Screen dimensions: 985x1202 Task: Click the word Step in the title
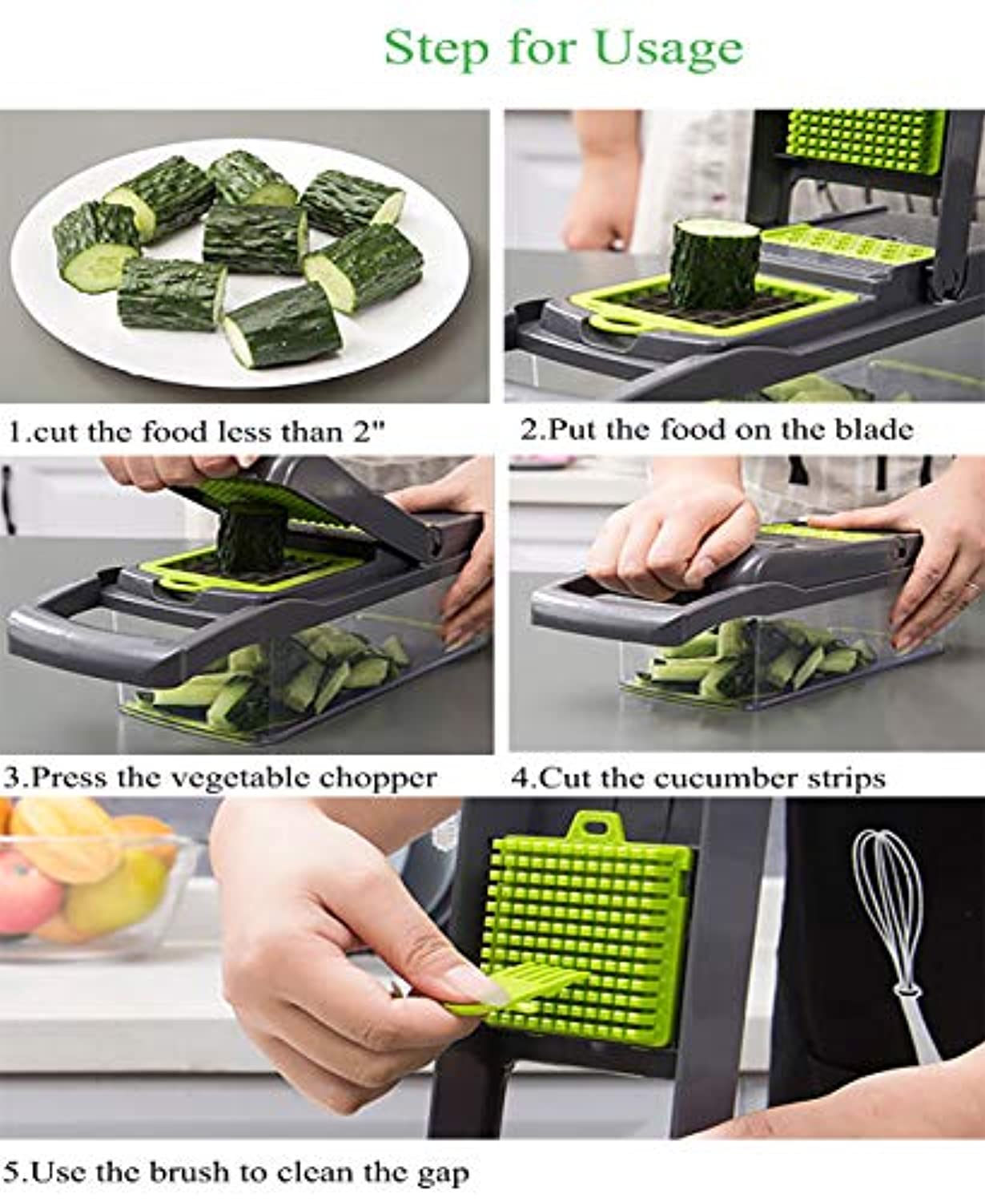436,48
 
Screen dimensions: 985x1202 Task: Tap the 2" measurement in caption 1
370,431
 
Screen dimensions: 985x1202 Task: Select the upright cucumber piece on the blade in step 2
714,263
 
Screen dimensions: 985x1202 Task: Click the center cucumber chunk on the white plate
255,239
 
